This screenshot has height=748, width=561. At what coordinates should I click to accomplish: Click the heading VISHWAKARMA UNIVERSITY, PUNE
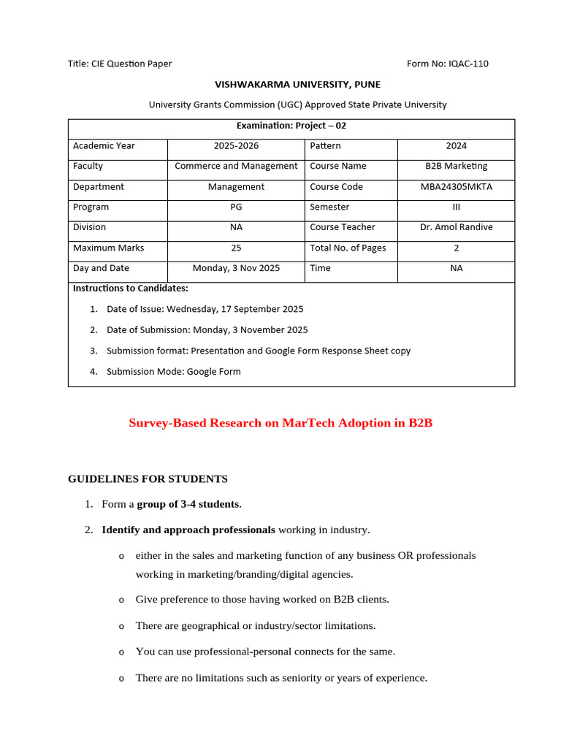point(297,84)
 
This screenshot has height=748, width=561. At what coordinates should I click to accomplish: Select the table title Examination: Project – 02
point(291,126)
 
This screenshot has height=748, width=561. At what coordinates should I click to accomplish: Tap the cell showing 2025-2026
point(236,145)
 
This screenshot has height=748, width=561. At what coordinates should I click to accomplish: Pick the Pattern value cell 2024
point(456,145)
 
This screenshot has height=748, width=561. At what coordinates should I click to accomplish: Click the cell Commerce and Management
point(236,166)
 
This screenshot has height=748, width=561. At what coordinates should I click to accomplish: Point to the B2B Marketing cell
point(456,166)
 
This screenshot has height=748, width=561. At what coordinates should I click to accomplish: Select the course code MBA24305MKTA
point(456,186)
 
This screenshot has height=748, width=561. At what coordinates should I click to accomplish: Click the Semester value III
point(456,207)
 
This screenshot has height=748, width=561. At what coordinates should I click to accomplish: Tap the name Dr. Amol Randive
point(456,227)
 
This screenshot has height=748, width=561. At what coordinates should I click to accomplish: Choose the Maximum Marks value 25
point(236,248)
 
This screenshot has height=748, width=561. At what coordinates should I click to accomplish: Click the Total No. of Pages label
point(348,248)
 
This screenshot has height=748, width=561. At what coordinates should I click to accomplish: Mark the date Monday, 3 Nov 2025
point(236,268)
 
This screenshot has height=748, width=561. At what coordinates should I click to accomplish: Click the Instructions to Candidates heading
point(131,288)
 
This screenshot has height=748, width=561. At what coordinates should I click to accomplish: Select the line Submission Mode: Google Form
point(173,371)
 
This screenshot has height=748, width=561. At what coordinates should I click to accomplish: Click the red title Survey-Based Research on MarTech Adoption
point(280,423)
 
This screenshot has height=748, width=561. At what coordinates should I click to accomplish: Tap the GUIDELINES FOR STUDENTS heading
point(148,479)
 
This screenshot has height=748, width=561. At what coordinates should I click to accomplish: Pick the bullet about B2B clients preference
point(262,600)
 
